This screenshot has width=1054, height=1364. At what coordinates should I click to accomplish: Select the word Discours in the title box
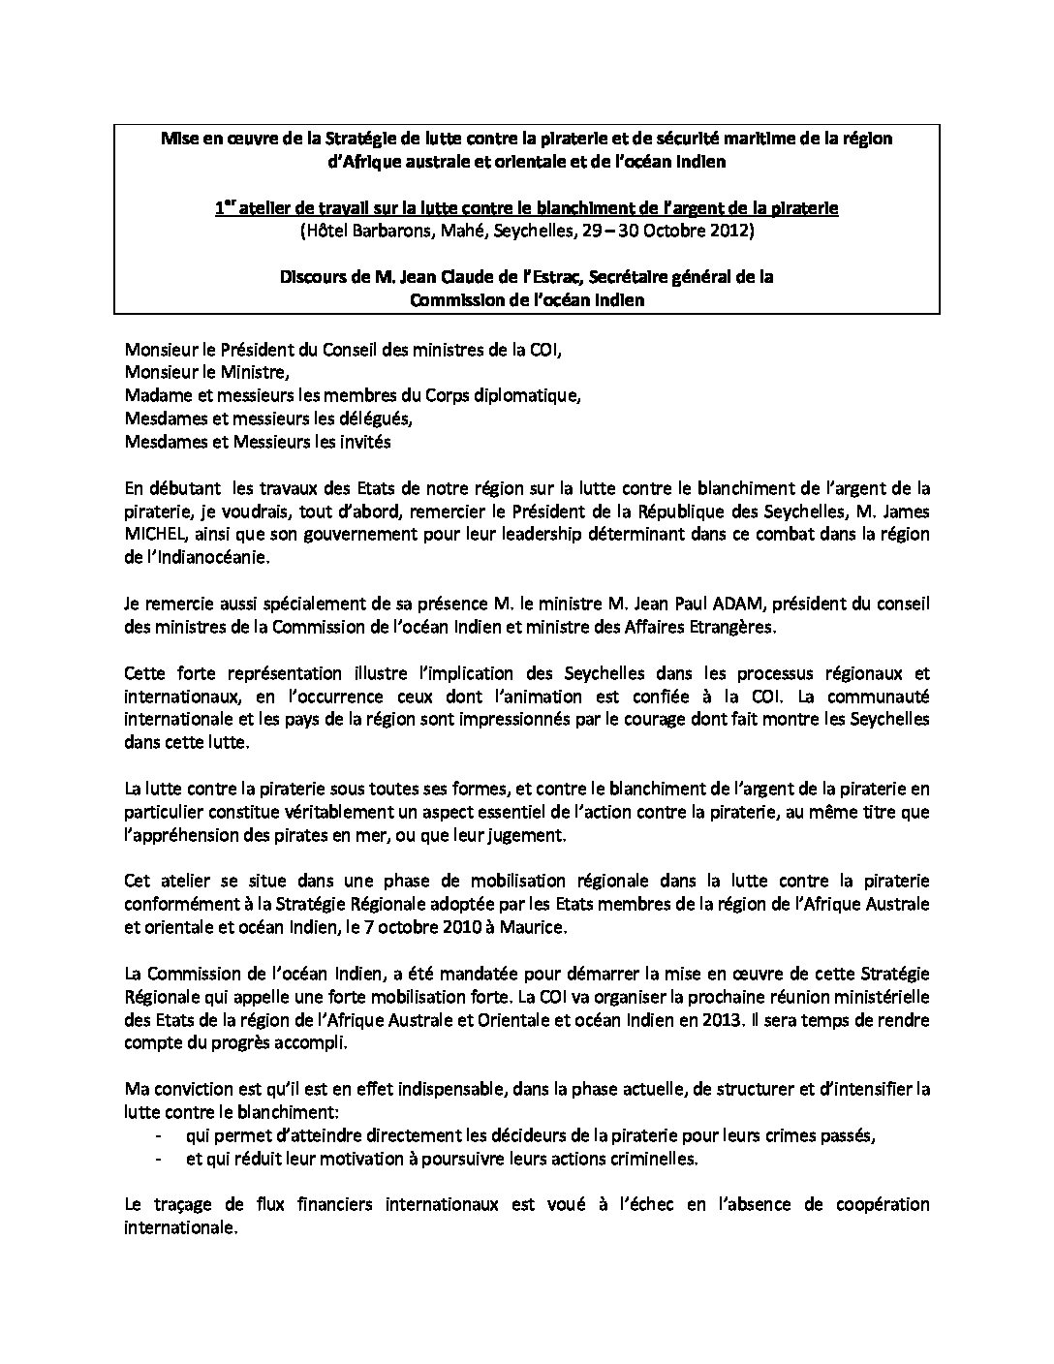click(x=313, y=276)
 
